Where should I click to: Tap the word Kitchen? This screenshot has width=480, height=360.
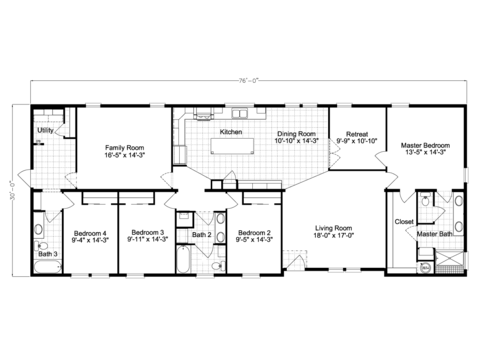[x=230, y=132]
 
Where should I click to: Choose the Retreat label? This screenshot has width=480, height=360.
[x=358, y=133]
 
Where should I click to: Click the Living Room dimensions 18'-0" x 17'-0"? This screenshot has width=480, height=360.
[x=332, y=236]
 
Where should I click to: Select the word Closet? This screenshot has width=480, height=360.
[x=404, y=221]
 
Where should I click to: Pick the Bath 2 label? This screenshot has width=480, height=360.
[x=201, y=235]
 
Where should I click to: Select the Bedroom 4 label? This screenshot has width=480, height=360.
[x=90, y=232]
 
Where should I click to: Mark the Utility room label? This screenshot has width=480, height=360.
[x=45, y=130]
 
